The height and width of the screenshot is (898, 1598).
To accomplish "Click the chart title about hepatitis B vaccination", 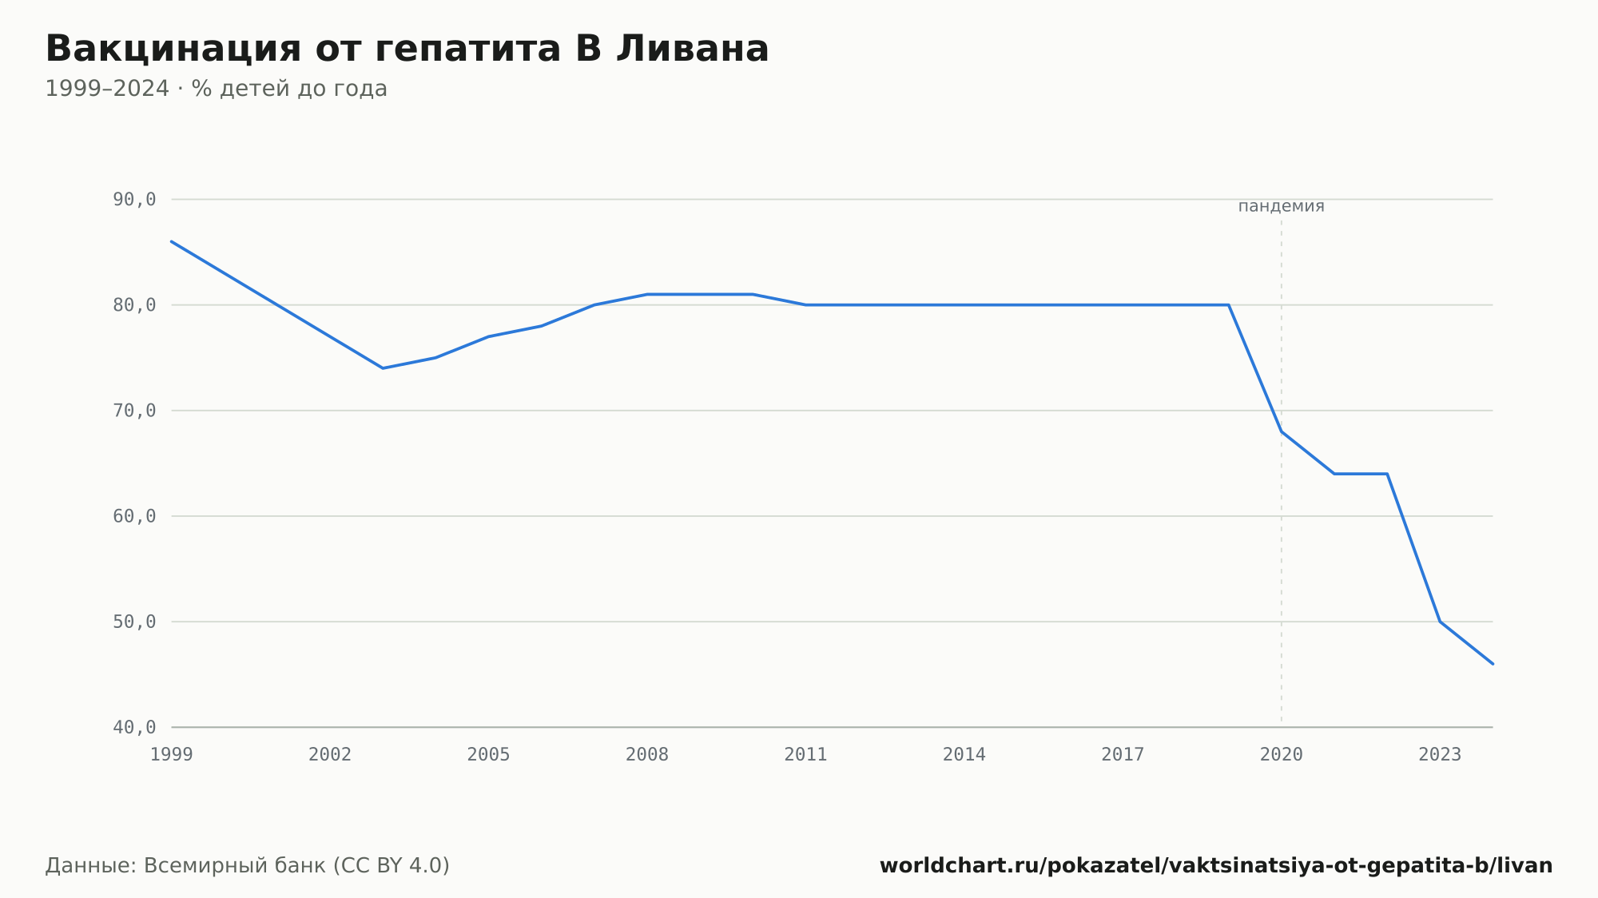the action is [x=407, y=49].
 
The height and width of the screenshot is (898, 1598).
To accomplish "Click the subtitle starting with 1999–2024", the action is [x=216, y=89].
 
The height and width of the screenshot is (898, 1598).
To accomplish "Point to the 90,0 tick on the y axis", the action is [x=134, y=200].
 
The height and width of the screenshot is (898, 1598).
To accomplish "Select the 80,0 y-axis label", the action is [x=134, y=305].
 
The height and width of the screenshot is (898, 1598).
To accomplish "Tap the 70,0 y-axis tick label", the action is [x=134, y=411].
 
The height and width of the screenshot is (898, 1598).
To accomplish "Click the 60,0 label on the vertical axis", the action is [x=134, y=516].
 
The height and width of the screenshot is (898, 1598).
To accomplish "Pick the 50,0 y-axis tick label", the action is [x=134, y=622].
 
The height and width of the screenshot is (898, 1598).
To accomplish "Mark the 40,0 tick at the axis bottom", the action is [x=134, y=727].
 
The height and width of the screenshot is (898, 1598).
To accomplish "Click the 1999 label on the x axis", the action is [x=172, y=754].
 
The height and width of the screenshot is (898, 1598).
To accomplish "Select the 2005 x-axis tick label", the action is [x=489, y=754].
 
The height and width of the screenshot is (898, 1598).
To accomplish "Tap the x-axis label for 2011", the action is [x=805, y=754].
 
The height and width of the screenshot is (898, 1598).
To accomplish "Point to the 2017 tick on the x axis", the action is [x=1123, y=754].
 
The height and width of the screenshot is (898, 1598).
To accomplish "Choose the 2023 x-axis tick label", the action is [x=1440, y=754].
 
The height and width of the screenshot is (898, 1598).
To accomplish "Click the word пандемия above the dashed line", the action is [x=1281, y=206].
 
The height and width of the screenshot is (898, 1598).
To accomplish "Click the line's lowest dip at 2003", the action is [x=383, y=368].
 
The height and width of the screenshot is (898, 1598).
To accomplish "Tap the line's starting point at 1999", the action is [x=172, y=241].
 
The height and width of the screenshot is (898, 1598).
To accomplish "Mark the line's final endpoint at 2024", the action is [x=1493, y=664].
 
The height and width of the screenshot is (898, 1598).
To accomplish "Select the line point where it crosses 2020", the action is [x=1282, y=431].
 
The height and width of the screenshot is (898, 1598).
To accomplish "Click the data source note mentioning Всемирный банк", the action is [x=248, y=866].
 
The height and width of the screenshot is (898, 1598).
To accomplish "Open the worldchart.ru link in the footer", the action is [x=1216, y=866].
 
